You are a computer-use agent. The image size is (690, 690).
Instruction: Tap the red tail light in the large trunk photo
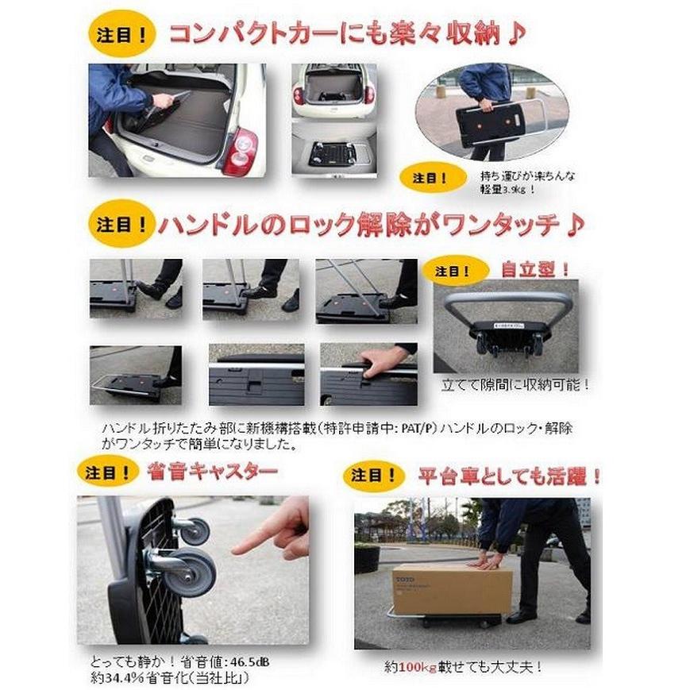coord(240,152)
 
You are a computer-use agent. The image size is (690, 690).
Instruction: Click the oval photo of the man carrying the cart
coord(491,112)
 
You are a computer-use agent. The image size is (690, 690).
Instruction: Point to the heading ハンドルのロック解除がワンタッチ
coord(369,226)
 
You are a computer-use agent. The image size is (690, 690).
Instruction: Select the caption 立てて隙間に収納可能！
coord(516,385)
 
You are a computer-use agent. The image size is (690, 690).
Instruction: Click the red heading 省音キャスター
coord(213,472)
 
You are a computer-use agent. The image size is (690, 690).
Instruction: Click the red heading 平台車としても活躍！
coord(509,476)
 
